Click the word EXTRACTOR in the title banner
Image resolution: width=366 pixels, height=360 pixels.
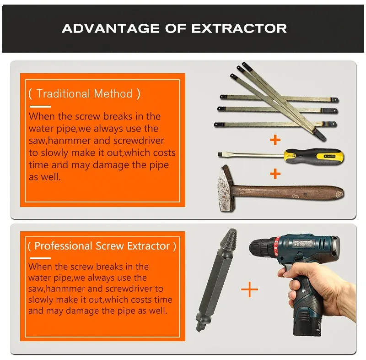point(239,28)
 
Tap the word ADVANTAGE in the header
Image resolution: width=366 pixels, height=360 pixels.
point(111,28)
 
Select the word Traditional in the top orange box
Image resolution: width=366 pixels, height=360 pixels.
point(63,93)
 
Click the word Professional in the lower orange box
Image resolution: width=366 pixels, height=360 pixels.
point(63,246)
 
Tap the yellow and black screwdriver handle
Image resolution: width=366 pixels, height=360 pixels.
point(314,156)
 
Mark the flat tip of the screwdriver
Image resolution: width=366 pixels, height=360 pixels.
point(220,154)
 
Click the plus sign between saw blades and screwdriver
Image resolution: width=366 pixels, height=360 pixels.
point(275,140)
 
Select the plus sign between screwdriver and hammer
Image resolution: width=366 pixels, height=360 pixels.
point(275,174)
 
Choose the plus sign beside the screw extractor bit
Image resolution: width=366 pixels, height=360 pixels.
point(249,289)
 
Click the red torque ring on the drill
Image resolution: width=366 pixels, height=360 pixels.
point(277,248)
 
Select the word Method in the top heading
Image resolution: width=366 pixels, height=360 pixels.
point(113,93)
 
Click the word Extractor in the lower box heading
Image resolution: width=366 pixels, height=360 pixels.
point(148,246)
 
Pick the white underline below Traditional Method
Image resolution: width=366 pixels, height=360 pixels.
point(40,107)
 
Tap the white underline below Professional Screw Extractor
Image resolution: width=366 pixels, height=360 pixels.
point(40,258)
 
